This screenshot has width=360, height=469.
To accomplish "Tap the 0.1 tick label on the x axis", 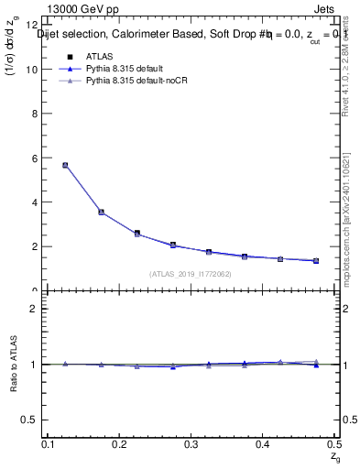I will (x=49, y=444).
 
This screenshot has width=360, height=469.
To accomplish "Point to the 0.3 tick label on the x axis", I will (x=191, y=444).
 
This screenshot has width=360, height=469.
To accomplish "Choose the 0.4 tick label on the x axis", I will (x=263, y=444).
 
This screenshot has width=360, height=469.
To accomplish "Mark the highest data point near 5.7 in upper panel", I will (x=65, y=165).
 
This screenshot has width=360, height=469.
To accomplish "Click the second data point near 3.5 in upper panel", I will (x=101, y=212).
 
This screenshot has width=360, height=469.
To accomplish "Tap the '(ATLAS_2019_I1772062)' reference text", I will (x=191, y=274).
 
